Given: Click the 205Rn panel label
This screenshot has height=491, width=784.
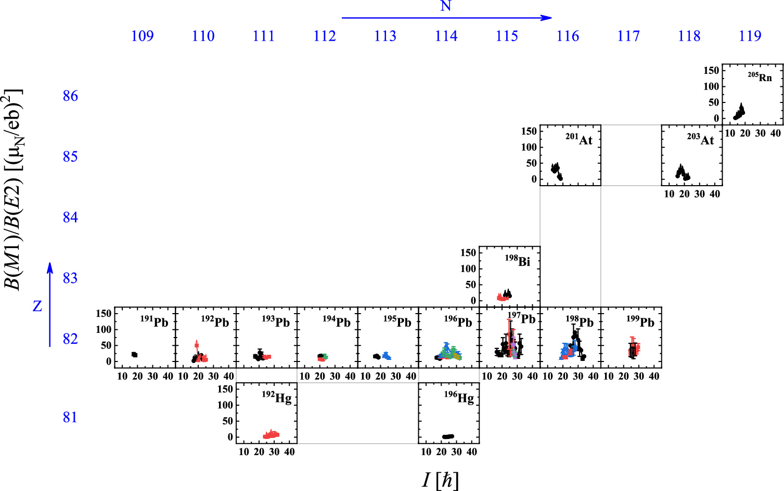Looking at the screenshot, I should pyautogui.click(x=760, y=77).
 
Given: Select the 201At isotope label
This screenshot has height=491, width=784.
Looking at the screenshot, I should pyautogui.click(x=579, y=139).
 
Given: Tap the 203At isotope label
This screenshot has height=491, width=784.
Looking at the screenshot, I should pyautogui.click(x=700, y=139).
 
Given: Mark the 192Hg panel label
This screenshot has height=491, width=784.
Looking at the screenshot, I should pyautogui.click(x=276, y=397).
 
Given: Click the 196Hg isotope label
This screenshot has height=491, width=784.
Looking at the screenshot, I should pyautogui.click(x=459, y=397).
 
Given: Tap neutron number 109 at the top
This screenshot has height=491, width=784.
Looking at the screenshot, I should pyautogui.click(x=142, y=36).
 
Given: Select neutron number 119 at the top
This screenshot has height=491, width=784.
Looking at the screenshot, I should pyautogui.click(x=750, y=36).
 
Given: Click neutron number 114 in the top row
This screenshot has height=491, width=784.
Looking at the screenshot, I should pyautogui.click(x=446, y=36).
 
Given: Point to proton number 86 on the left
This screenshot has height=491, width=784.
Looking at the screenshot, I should pyautogui.click(x=70, y=96).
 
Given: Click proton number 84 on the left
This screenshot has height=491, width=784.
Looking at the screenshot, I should pyautogui.click(x=70, y=217).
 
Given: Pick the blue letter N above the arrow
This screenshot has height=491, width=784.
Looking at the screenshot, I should pyautogui.click(x=445, y=6).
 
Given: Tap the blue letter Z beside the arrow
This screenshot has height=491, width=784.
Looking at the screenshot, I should pyautogui.click(x=37, y=306).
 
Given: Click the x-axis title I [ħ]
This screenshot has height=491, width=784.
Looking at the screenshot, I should pyautogui.click(x=440, y=480).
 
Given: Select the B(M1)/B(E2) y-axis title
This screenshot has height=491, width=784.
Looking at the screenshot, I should pyautogui.click(x=12, y=190).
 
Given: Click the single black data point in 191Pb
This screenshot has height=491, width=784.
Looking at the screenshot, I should pyautogui.click(x=134, y=355).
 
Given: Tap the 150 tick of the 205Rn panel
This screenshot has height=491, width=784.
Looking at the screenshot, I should pyautogui.click(x=711, y=70).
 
